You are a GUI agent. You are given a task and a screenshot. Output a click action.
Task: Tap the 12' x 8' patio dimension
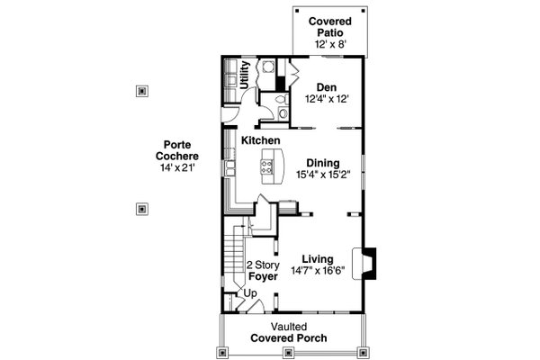pyautogui.click(x=329, y=44)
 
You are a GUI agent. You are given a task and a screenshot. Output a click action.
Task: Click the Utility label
pyautogui.click(x=257, y=74)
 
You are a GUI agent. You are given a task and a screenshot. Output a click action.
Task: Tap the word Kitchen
pyautogui.click(x=260, y=140)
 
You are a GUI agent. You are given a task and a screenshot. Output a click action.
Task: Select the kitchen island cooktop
pyautogui.click(x=266, y=163)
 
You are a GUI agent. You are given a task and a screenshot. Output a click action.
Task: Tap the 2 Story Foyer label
pyautogui.click(x=262, y=271)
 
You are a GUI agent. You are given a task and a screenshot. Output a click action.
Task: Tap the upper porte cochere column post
pyautogui.click(x=140, y=90)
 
